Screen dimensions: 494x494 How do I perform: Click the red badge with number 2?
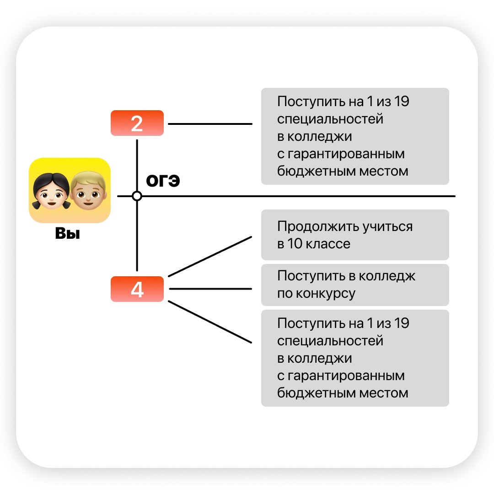pos(137,123)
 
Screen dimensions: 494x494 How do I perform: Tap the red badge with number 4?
pos(137,289)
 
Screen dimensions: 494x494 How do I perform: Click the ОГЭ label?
pos(163,181)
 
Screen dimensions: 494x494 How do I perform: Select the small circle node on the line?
pos(137,196)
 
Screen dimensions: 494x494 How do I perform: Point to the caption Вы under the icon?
pos(68,234)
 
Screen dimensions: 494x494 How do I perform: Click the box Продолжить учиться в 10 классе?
pos(355,235)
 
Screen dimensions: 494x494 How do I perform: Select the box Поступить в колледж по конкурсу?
pos(355,285)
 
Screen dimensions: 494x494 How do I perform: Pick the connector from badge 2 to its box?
pos(210,123)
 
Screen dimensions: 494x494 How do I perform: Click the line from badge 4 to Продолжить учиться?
pos(210,257)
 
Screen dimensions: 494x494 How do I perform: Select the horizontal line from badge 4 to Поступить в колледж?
pos(210,289)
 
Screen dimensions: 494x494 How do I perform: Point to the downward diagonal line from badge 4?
pos(210,322)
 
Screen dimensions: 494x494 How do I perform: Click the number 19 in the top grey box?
pos(401,102)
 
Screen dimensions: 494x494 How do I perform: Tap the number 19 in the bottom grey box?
pos(401,323)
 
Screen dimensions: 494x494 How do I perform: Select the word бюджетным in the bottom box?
pos(311,393)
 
